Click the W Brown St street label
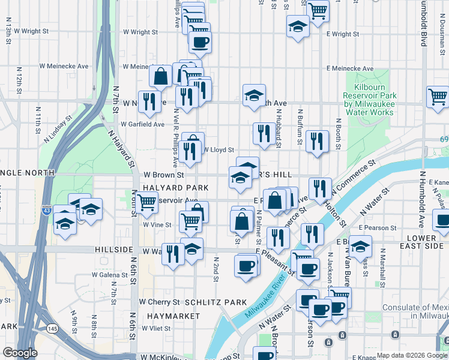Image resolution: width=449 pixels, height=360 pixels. [163, 175]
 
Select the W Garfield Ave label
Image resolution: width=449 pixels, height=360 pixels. [142, 124]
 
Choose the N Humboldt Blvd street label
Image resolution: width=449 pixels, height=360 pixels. [423, 24]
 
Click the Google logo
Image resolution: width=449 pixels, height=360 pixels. [20, 353]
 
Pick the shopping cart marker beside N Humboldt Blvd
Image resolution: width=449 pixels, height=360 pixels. [438, 96]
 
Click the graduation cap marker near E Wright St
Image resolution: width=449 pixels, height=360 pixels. [297, 26]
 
